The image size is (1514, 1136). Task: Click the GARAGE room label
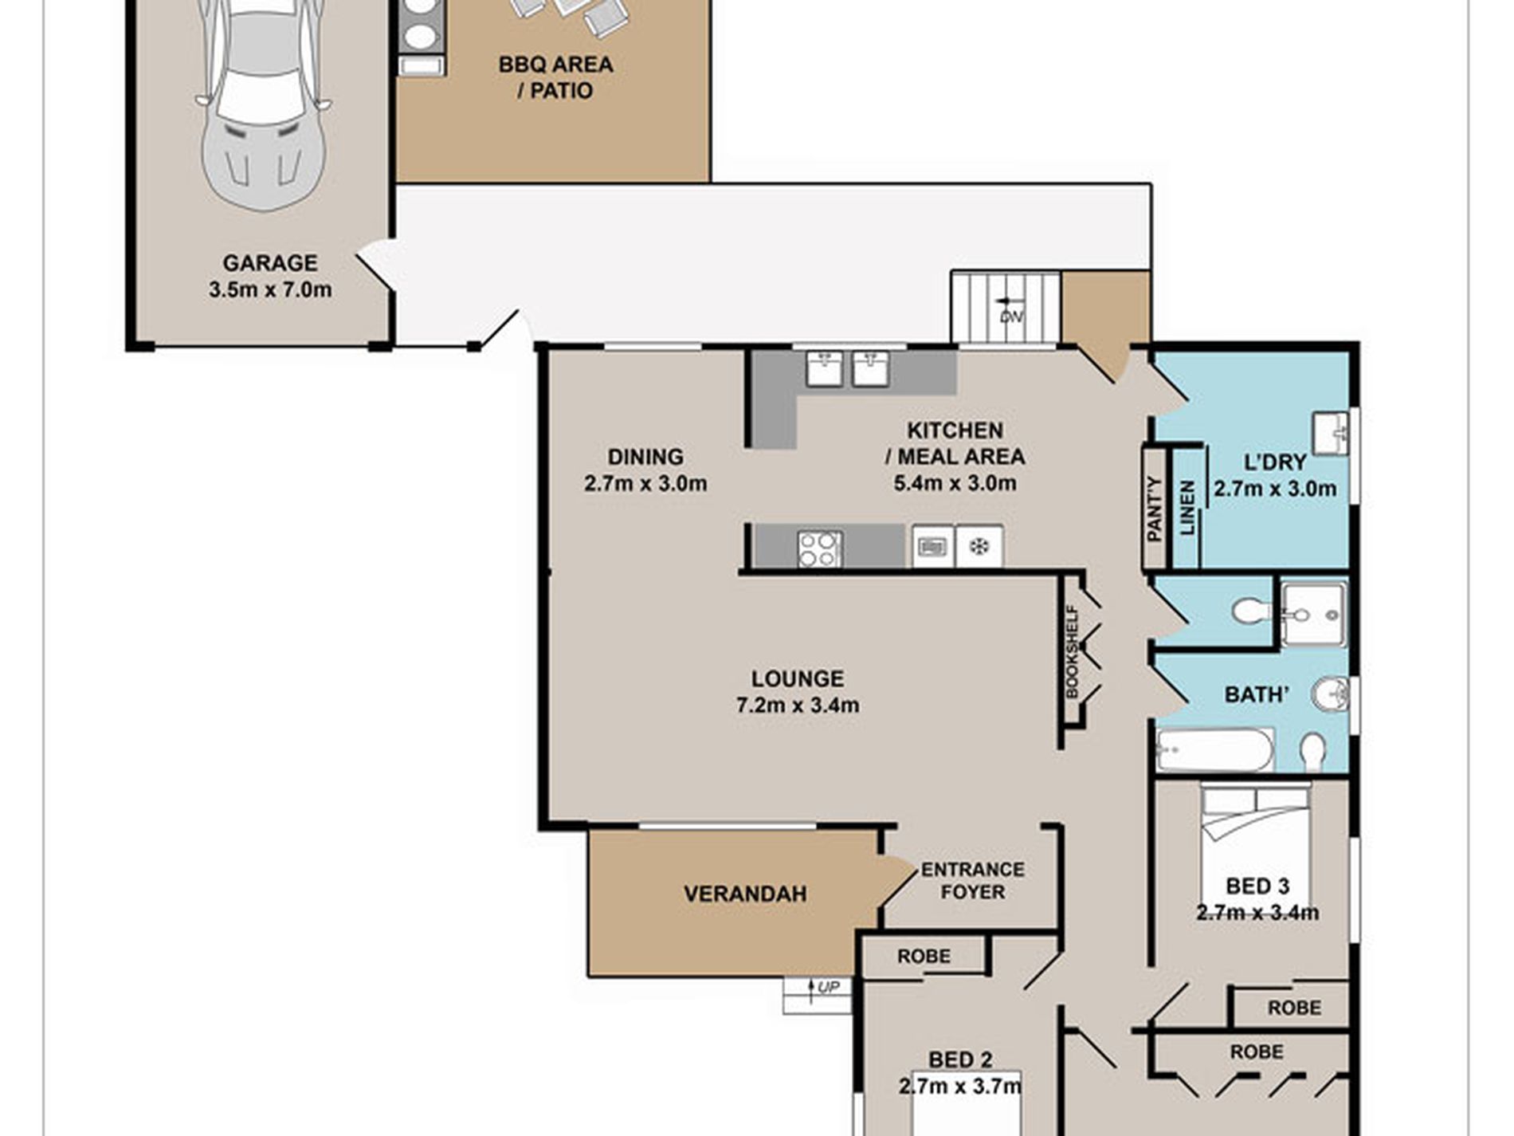(269, 262)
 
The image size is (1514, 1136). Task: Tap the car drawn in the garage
(263, 104)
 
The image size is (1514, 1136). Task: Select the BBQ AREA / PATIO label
(555, 77)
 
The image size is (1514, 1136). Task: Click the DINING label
(645, 457)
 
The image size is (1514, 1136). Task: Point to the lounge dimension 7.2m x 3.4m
(798, 706)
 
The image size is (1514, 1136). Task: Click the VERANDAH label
(745, 894)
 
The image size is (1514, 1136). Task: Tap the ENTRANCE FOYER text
(973, 880)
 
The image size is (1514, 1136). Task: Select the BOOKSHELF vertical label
(1072, 652)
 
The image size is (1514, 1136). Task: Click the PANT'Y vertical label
(1153, 509)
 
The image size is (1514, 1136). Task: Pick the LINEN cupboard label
(1187, 507)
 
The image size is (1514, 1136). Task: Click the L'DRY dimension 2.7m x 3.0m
(1274, 489)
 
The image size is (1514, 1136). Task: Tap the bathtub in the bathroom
(1215, 749)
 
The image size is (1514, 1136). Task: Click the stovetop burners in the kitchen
(819, 548)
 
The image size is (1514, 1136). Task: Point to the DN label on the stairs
(1011, 316)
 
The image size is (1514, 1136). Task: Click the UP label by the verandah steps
(829, 988)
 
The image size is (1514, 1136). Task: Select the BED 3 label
(1257, 886)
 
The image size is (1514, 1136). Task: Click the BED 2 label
(960, 1059)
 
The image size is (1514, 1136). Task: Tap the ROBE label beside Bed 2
(924, 955)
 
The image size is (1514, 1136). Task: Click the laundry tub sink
(1329, 433)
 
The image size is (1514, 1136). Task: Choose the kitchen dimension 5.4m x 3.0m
(955, 483)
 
